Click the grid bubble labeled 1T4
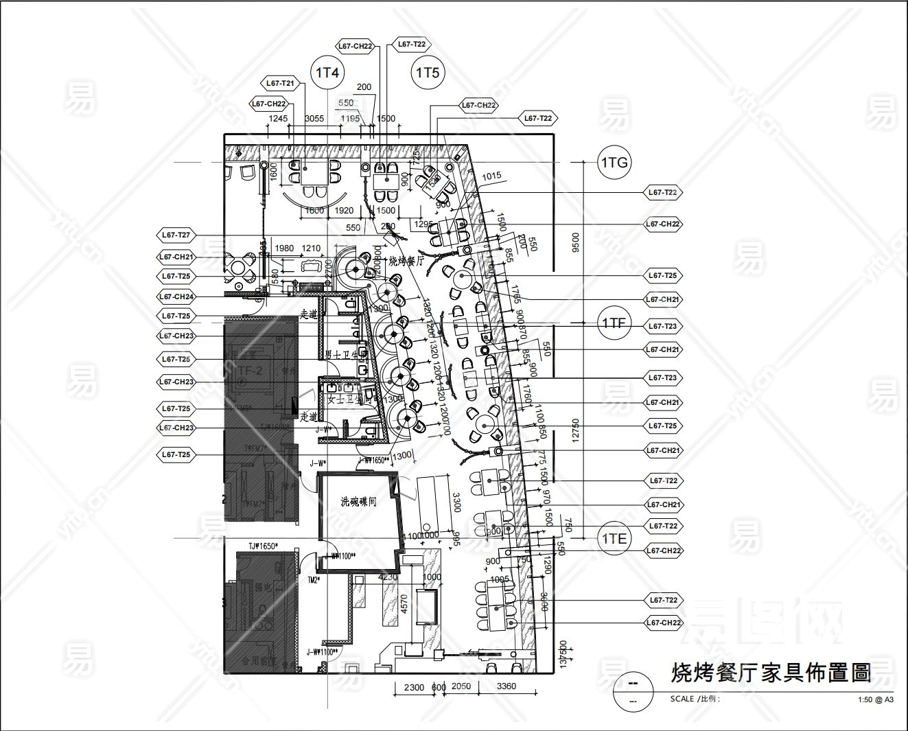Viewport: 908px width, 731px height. tap(327, 73)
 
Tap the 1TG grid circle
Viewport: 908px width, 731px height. tap(614, 163)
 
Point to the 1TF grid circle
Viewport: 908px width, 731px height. tap(614, 323)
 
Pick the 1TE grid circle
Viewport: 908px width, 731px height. tap(614, 539)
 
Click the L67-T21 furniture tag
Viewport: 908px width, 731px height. tap(281, 83)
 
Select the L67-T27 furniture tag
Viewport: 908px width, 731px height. tap(176, 235)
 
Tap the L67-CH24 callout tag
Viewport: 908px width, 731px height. tap(176, 297)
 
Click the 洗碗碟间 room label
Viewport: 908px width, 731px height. tap(359, 502)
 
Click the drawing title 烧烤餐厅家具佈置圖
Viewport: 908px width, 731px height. tap(771, 672)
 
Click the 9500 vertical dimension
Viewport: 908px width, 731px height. tap(575, 242)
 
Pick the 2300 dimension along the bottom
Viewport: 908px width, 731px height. tap(413, 686)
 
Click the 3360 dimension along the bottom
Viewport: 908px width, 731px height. tap(506, 686)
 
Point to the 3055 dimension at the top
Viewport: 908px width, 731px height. tap(314, 119)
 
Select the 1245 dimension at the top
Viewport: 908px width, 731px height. tap(278, 119)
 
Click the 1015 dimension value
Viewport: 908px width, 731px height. tap(491, 176)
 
